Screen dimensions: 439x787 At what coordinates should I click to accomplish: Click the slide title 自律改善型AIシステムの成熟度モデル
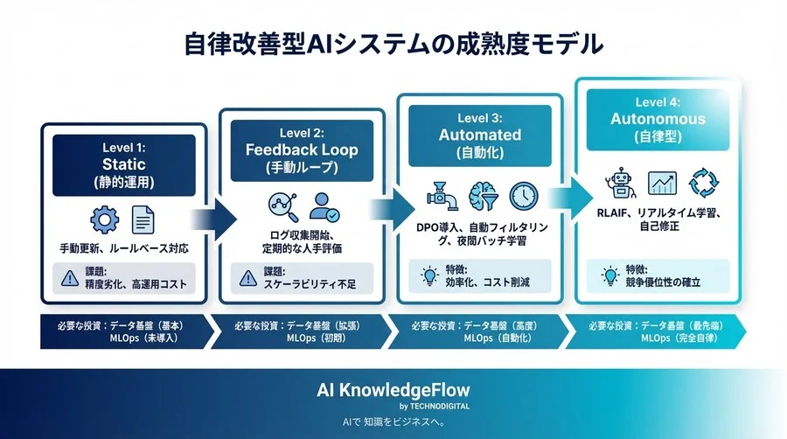pos(393,45)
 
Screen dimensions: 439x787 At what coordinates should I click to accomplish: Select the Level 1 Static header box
pos(124,164)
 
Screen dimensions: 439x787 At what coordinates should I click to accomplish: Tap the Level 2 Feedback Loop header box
pos(302,150)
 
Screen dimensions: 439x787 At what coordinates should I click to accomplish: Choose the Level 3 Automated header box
pos(479,136)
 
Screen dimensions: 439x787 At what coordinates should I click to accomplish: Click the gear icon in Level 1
pos(104,219)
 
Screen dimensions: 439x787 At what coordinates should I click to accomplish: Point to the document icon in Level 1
pos(143,219)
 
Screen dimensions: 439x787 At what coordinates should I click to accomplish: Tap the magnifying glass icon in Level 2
pos(282,207)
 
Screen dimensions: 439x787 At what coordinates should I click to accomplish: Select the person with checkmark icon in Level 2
pos(323,207)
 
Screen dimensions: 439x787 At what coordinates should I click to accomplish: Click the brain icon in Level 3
pos(482,194)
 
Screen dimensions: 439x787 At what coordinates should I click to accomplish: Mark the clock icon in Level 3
pos(523,194)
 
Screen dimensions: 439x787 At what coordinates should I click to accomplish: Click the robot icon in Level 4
pos(620,185)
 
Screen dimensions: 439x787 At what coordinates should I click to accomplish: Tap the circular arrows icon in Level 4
pos(704,185)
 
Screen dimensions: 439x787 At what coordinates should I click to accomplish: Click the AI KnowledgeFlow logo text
pos(393,391)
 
